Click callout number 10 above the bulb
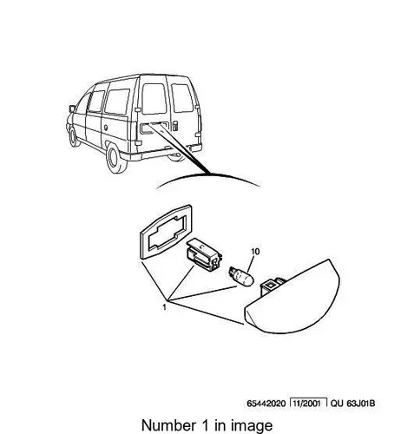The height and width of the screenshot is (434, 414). [255, 252]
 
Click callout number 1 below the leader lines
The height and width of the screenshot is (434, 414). [165, 307]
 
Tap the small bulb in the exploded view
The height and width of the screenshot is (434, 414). [241, 276]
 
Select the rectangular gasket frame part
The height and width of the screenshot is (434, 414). [167, 232]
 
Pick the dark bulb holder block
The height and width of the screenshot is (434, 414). [204, 254]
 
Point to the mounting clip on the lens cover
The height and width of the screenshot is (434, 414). [273, 286]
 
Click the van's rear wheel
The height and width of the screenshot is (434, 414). [116, 159]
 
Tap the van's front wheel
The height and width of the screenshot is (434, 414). [73, 137]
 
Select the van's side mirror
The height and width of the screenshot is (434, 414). [72, 108]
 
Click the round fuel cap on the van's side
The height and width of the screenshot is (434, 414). [106, 127]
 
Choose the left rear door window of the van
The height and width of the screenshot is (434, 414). [154, 99]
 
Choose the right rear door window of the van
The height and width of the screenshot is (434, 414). [182, 98]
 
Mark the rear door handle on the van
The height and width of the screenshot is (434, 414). [175, 126]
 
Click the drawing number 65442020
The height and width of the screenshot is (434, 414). [266, 404]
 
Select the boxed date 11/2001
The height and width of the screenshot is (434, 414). [308, 403]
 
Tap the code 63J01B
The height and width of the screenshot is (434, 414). [360, 403]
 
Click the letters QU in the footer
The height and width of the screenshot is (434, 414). [337, 403]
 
